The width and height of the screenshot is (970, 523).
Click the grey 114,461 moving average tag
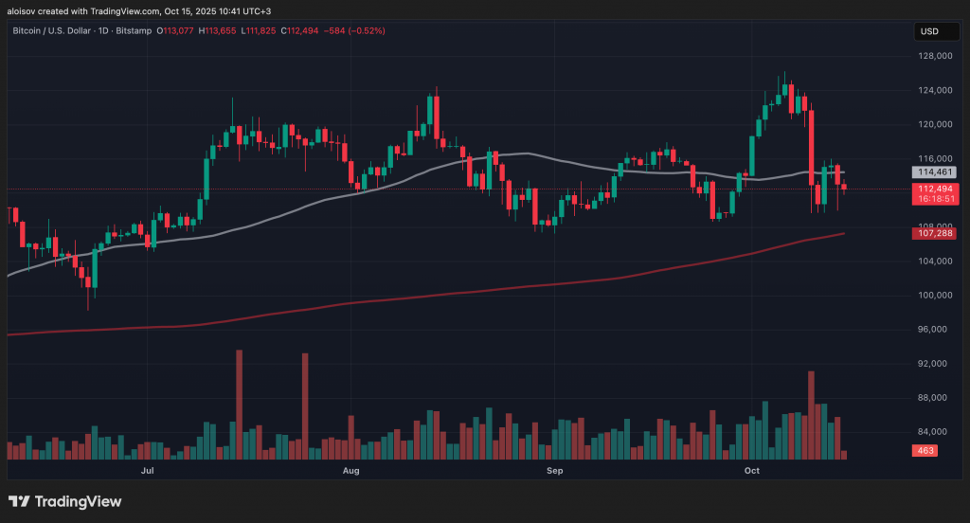click(x=935, y=172)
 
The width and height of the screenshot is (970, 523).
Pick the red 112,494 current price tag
click(x=935, y=189)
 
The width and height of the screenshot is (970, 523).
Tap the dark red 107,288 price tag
click(x=935, y=233)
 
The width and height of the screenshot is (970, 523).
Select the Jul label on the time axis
click(x=147, y=470)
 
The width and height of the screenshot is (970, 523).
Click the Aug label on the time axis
click(x=350, y=470)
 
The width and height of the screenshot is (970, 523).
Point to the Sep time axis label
click(x=554, y=470)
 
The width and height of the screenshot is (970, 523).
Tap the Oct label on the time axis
click(x=752, y=470)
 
